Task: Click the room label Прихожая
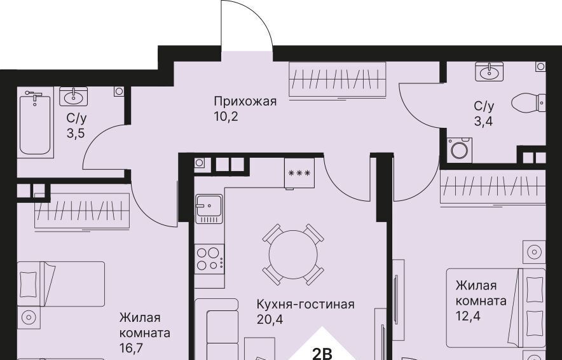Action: [x=245, y=102]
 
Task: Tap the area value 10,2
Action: [x=226, y=116]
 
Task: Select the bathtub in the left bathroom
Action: [x=35, y=122]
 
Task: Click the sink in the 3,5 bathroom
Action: [x=74, y=96]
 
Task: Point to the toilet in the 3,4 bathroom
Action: [x=529, y=102]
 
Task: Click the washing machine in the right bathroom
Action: [x=460, y=150]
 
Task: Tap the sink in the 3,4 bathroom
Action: [x=490, y=71]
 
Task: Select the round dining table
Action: [x=293, y=254]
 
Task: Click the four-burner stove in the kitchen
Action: [x=210, y=259]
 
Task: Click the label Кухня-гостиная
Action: [x=305, y=305]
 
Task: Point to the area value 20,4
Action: [x=270, y=319]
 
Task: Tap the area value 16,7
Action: [x=132, y=347]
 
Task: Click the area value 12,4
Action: [x=468, y=316]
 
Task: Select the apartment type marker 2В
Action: [x=322, y=354]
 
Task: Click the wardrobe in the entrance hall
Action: [x=338, y=80]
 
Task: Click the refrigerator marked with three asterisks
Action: [x=299, y=173]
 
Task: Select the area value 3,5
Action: [x=76, y=134]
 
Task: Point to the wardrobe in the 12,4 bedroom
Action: [x=493, y=187]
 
